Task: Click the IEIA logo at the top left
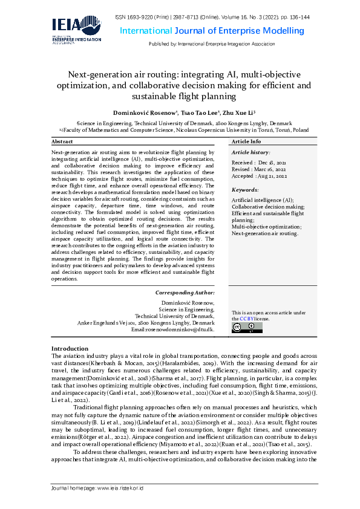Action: [x=77, y=30]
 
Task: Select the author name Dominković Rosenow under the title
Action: [x=143, y=113]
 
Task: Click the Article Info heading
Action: [x=247, y=141]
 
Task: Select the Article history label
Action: [x=251, y=152]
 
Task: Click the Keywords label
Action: [x=245, y=190]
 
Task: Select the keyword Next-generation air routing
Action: [x=265, y=233]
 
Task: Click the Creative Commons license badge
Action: [x=247, y=328]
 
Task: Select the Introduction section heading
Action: [x=70, y=349]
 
